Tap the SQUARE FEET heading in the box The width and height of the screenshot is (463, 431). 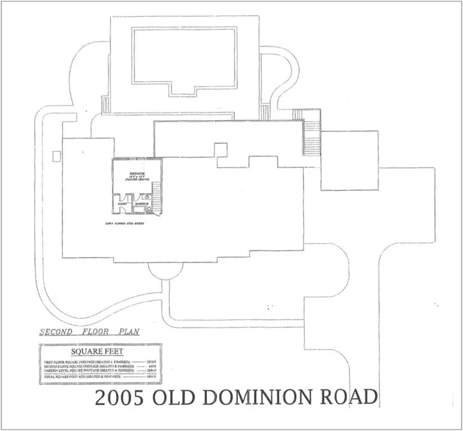(x=100, y=352)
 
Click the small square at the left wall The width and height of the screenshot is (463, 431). (x=55, y=155)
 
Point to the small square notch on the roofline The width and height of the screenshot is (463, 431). (x=221, y=150)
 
